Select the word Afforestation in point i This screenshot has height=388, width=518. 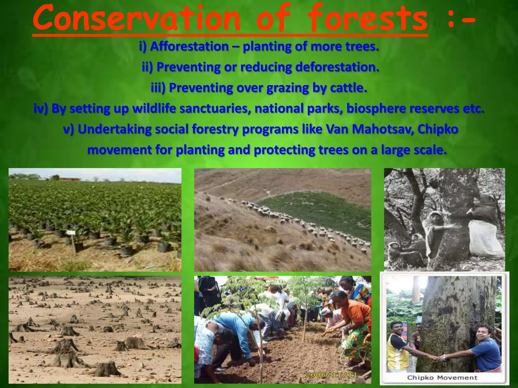[x=189, y=46]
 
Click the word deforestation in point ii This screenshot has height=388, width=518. [x=337, y=67]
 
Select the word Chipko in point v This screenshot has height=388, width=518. [x=438, y=129]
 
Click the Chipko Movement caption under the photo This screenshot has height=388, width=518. [x=442, y=378]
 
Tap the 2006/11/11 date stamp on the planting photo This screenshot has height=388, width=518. [x=331, y=375]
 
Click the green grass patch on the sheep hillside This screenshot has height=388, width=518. [x=316, y=210]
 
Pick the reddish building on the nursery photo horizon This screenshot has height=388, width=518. [x=70, y=179]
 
